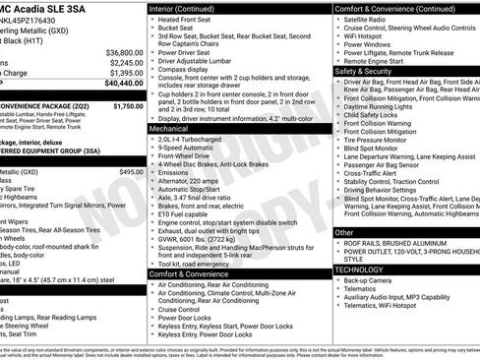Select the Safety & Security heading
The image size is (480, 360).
pyautogui.click(x=368, y=71)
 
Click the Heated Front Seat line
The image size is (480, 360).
pyautogui.click(x=188, y=20)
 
